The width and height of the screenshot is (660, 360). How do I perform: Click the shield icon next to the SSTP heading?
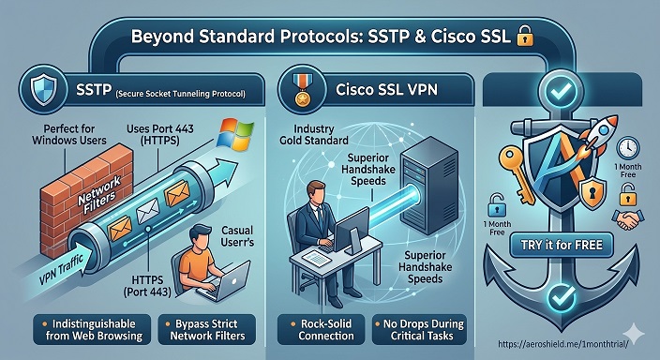coord(45,90)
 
